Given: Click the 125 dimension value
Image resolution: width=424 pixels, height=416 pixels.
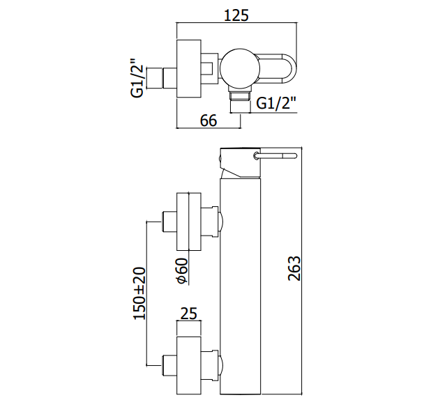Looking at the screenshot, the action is [236, 15].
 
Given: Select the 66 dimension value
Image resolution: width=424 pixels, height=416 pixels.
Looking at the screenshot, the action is [209, 121].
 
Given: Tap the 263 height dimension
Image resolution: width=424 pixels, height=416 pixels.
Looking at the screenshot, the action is [294, 268].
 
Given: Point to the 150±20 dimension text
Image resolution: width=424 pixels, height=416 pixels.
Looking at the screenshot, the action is [139, 293].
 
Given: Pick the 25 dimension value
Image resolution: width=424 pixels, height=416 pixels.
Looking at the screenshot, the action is [189, 314].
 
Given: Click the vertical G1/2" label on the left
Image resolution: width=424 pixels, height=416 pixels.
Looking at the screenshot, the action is [137, 78].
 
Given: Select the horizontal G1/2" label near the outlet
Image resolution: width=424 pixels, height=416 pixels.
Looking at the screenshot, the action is [276, 103].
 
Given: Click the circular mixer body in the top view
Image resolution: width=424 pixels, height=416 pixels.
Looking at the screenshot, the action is [241, 68].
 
